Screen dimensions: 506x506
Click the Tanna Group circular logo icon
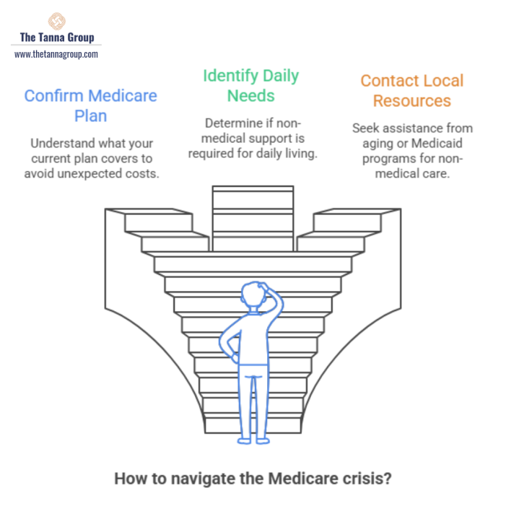coord(56,21)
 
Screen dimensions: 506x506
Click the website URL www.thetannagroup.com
coord(56,54)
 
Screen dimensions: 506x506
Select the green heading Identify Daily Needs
coord(250,85)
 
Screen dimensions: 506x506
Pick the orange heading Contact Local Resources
coord(411,90)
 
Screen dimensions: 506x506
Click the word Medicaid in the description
coord(445,144)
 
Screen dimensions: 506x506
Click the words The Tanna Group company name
coord(56,38)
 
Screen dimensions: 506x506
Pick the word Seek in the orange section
coord(366,128)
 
